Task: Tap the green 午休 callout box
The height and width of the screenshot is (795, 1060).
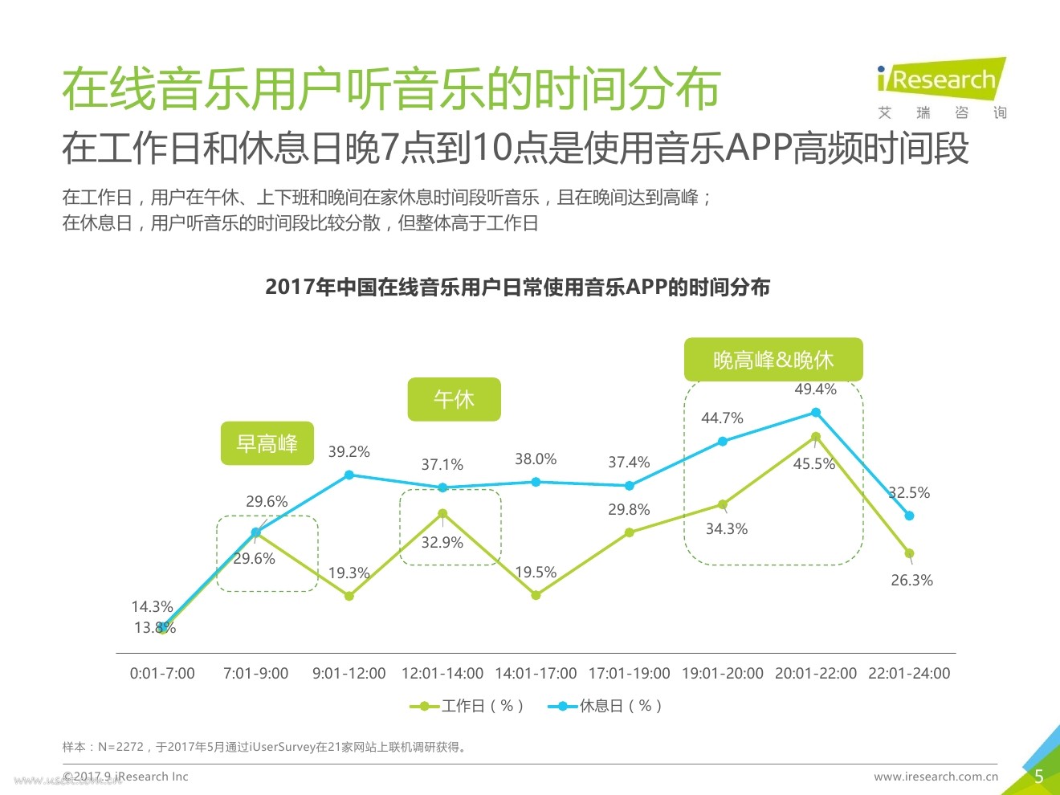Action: click(454, 399)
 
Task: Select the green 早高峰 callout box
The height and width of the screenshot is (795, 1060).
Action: click(267, 443)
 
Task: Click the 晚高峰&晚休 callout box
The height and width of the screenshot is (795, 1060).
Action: click(773, 360)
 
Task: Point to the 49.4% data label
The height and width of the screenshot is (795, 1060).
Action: click(815, 389)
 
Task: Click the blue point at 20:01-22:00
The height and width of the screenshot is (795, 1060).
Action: click(816, 412)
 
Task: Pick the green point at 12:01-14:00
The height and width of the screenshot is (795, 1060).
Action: click(442, 513)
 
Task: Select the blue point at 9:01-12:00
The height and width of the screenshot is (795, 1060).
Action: click(349, 475)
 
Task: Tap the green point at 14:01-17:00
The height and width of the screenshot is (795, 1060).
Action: click(536, 595)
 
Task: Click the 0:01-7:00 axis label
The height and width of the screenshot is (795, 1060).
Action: click(162, 674)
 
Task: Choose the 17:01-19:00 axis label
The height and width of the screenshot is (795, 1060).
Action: click(629, 674)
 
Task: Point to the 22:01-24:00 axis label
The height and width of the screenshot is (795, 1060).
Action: click(909, 674)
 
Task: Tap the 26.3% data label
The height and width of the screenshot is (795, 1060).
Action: click(911, 580)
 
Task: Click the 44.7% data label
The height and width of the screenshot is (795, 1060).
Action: click(722, 418)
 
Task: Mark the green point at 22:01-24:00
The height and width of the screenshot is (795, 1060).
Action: click(909, 553)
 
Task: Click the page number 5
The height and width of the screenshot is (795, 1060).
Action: click(1038, 777)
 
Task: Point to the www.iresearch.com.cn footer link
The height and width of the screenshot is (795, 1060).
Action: click(936, 777)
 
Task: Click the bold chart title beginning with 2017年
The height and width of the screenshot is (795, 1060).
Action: click(517, 287)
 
